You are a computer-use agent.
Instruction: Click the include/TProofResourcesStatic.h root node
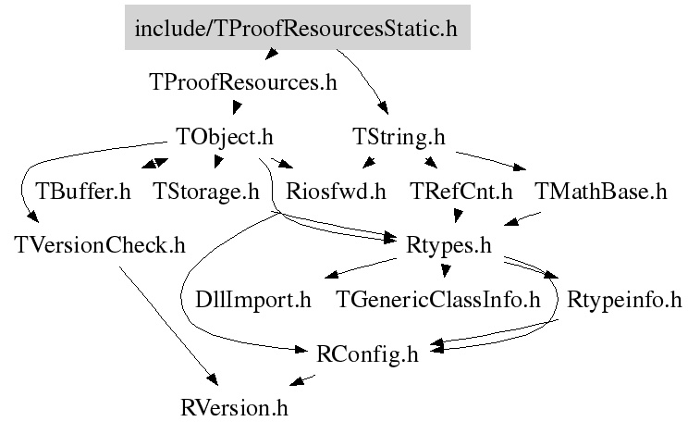coord(298,27)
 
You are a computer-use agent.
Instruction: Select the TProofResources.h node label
coord(243,82)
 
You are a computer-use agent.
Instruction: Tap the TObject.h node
coord(225,137)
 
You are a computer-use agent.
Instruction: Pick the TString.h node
coord(399,137)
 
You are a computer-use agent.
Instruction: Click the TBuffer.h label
coord(83,192)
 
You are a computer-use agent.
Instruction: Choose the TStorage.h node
coord(206,192)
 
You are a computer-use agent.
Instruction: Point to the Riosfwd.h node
coord(336,192)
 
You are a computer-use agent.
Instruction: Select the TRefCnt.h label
coord(461,192)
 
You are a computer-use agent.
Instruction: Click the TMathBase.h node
coord(600,192)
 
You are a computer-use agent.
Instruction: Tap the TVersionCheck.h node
coord(100,245)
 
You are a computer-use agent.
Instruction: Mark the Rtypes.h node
coord(448,245)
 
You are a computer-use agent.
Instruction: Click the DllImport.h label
coord(253,300)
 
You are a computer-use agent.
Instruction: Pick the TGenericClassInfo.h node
coord(438,300)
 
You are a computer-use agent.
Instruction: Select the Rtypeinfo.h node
coord(624,300)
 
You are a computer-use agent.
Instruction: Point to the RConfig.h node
coord(367,354)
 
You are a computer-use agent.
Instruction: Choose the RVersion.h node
coord(234,408)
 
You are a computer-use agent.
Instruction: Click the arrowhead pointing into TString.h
coord(383,108)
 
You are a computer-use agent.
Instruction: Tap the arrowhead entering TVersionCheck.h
coord(32,217)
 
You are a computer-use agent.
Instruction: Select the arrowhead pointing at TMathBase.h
coord(520,167)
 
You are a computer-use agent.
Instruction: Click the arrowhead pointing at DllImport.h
coord(331,274)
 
